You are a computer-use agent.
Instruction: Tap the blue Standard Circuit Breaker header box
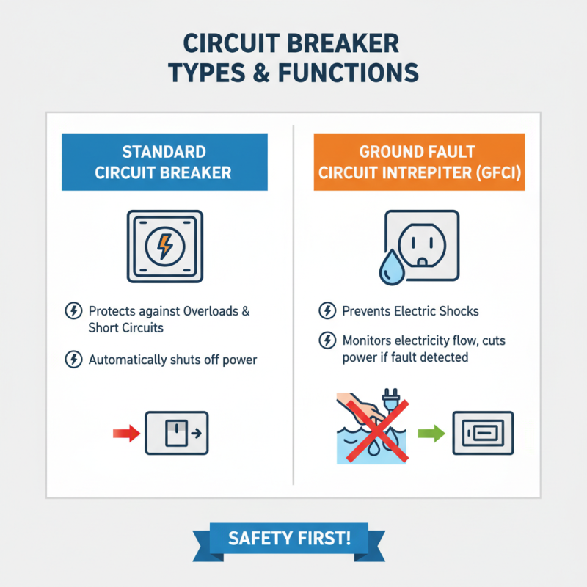[164, 162]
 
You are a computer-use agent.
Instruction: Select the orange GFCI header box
[419, 162]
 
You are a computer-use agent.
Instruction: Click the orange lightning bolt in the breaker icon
[164, 247]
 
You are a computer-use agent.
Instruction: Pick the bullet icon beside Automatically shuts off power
[73, 360]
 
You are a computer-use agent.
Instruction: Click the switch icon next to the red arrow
[177, 433]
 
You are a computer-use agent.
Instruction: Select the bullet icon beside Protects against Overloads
[73, 311]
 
